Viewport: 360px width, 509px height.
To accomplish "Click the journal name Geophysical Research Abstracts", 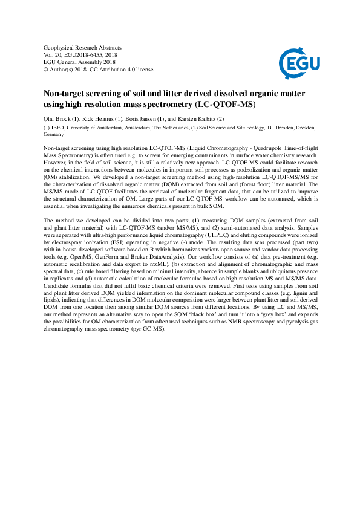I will click(83, 48).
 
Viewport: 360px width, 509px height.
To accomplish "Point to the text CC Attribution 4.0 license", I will click(121, 70).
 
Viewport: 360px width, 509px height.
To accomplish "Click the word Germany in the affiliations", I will click(55, 135).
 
